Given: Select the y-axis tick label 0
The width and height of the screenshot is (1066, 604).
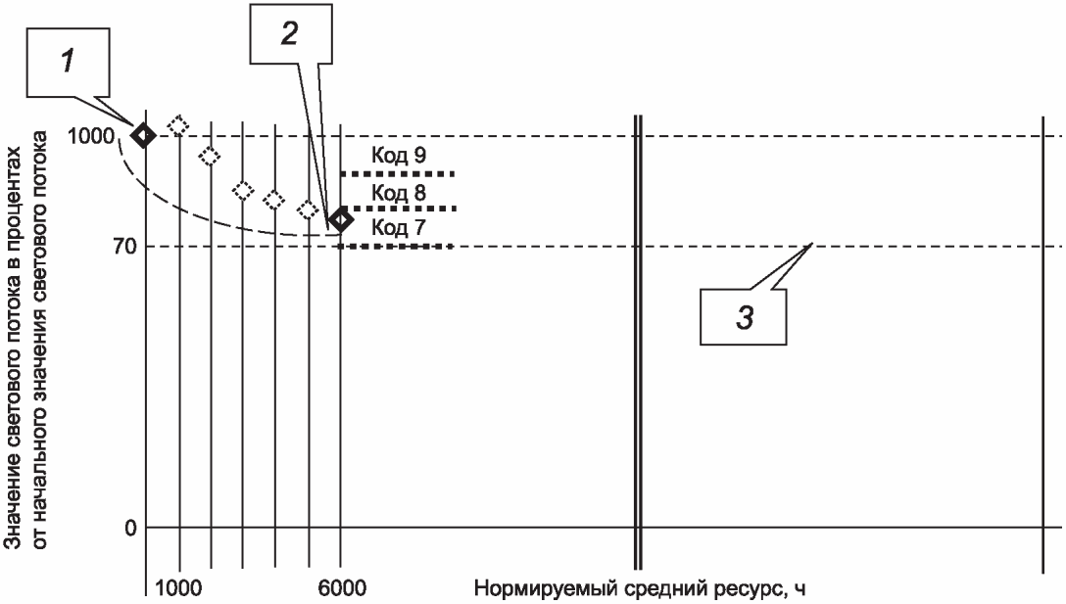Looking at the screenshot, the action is (x=127, y=529).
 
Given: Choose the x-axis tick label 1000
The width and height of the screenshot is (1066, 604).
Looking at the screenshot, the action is (x=178, y=588).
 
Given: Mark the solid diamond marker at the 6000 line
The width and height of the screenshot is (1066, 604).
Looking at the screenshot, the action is (x=341, y=220).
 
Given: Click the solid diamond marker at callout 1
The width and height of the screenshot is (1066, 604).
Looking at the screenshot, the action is (x=144, y=135).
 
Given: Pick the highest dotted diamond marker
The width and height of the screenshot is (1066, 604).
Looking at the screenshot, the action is (x=178, y=125).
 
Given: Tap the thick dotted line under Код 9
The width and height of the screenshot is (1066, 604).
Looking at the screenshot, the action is (x=399, y=173).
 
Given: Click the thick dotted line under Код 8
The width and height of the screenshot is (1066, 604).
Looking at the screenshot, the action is (x=399, y=209).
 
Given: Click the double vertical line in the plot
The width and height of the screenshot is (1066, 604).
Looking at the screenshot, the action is (x=638, y=343).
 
